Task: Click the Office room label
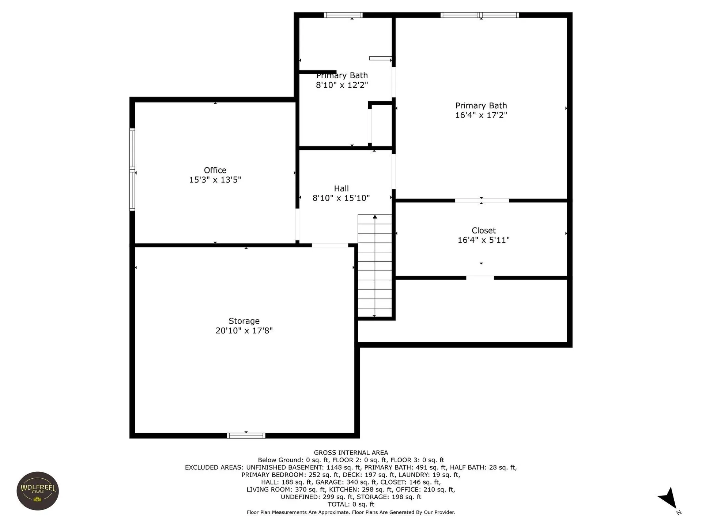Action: click(x=215, y=170)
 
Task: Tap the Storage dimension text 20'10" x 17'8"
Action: click(x=244, y=330)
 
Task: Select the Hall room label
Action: click(x=341, y=188)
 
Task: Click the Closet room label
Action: click(x=483, y=231)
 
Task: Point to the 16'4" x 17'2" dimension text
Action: click(x=481, y=115)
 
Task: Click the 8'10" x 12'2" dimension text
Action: click(x=341, y=85)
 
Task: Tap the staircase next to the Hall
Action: click(x=375, y=266)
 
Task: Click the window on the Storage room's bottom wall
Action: click(x=246, y=436)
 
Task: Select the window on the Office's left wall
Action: click(x=132, y=169)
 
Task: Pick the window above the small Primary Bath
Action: click(x=343, y=15)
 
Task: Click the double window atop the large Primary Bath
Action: click(x=479, y=15)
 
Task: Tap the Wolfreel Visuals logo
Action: click(x=38, y=491)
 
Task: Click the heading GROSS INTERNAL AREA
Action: click(x=351, y=453)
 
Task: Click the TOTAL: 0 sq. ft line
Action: click(x=351, y=504)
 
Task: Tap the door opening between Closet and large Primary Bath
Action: click(x=482, y=201)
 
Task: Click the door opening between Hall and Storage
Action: click(x=330, y=245)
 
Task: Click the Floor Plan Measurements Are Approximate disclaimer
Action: click(x=351, y=512)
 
